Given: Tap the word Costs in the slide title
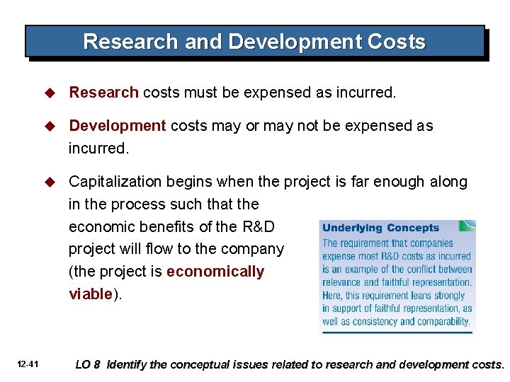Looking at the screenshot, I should coord(397,42).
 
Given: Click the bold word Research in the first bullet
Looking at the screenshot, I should coord(103,92).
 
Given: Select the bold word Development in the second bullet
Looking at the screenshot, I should coord(118,126).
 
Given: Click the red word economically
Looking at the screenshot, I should coord(215,272).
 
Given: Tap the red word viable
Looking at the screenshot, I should coord(91,294).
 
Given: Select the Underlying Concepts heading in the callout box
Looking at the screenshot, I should coord(380,228).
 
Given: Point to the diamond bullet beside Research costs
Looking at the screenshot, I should coord(50,93).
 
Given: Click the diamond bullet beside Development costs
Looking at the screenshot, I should coord(50,127).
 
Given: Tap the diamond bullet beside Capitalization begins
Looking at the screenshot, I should coord(50,183).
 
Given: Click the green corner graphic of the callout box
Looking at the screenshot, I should coord(467,225).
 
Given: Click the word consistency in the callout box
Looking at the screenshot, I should coord(368,321).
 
